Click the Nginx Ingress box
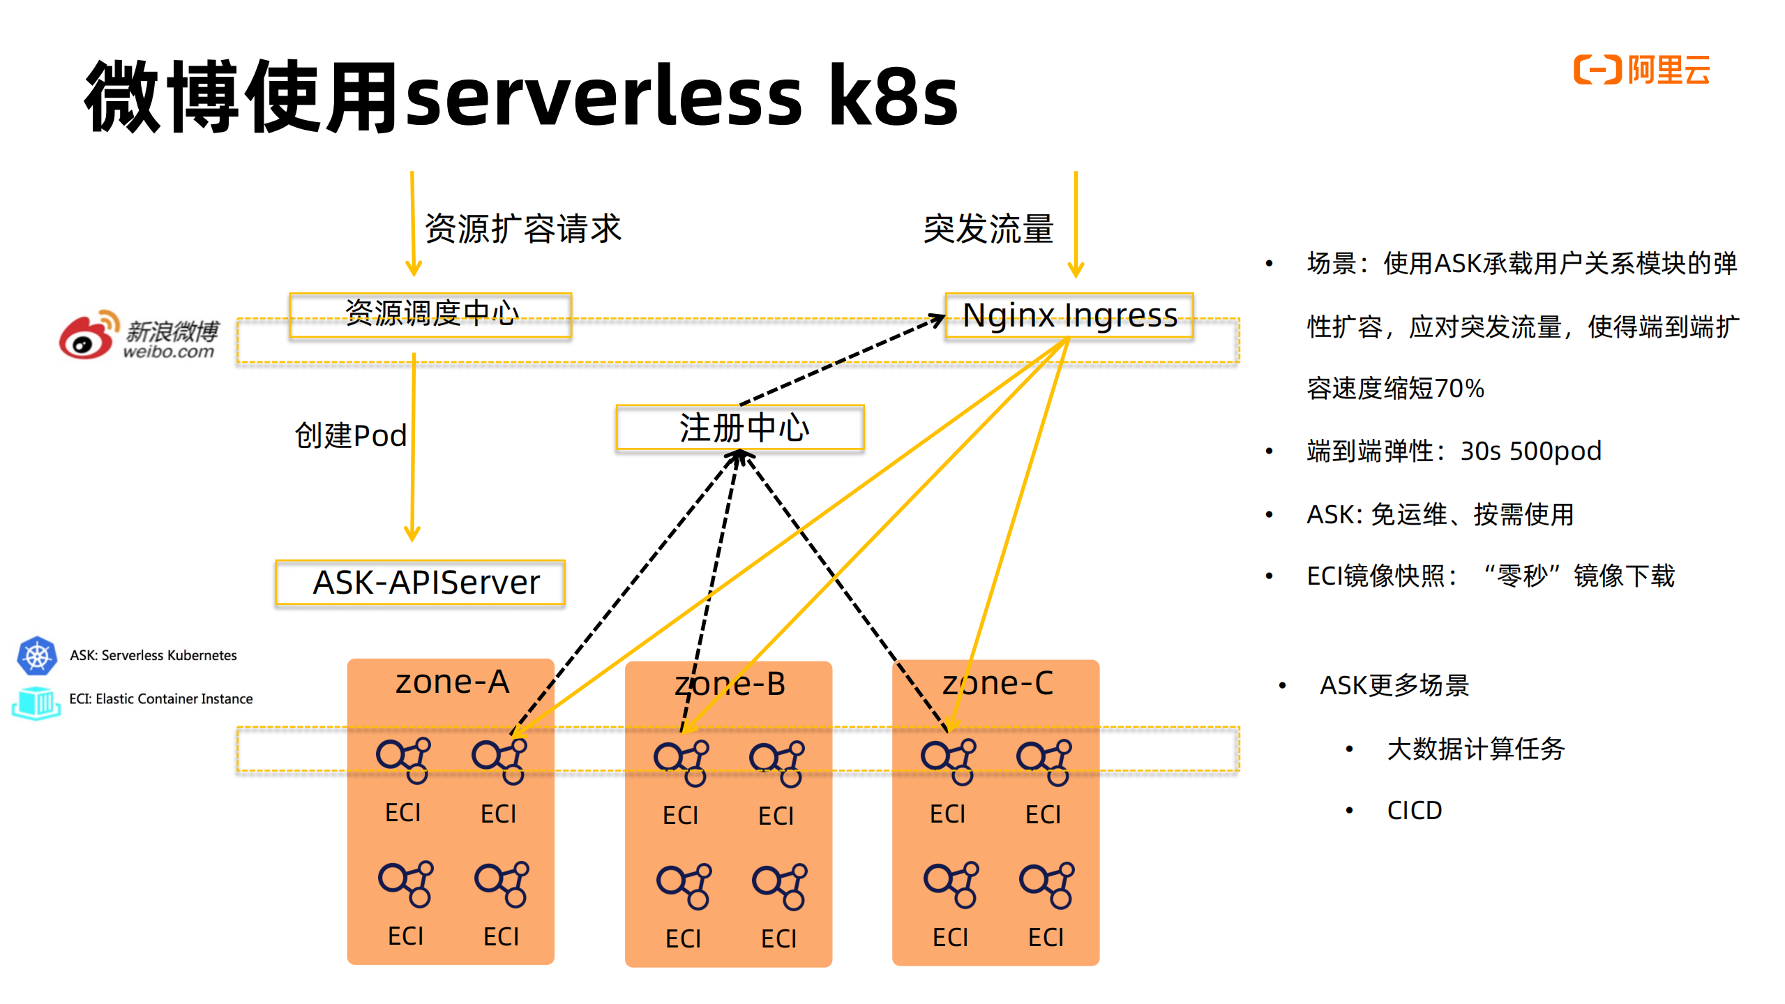[1069, 315]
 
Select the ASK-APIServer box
[421, 583]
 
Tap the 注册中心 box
[739, 428]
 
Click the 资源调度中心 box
[430, 314]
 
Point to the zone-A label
[452, 682]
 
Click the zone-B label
[729, 684]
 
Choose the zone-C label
[997, 684]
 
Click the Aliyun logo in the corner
[1641, 70]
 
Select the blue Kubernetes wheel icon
[37, 656]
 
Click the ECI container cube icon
[36, 702]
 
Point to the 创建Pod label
[350, 435]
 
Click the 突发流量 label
[988, 230]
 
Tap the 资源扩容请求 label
[522, 229]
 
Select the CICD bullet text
[1414, 811]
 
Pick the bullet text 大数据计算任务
[1475, 749]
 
